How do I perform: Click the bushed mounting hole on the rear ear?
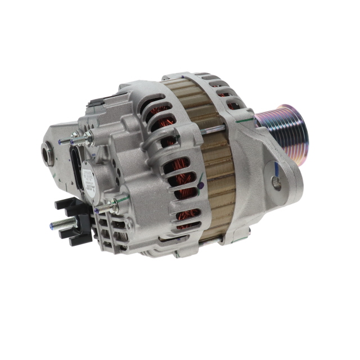pos(47,152)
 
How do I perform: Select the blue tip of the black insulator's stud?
pos(51,225)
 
